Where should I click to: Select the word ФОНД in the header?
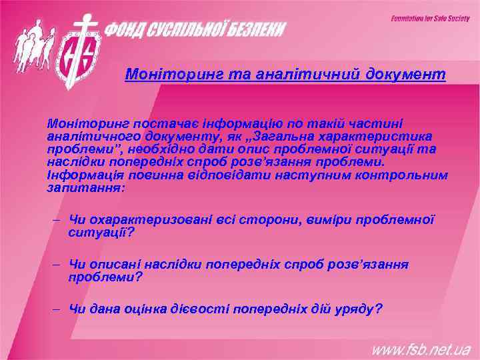click(129, 30)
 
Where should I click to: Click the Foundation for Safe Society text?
click(430, 18)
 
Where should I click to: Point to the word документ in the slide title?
click(406, 75)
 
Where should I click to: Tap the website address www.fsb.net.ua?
click(421, 349)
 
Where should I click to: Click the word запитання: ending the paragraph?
click(85, 187)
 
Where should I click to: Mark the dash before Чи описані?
click(57, 265)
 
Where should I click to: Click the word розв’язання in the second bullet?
click(369, 265)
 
